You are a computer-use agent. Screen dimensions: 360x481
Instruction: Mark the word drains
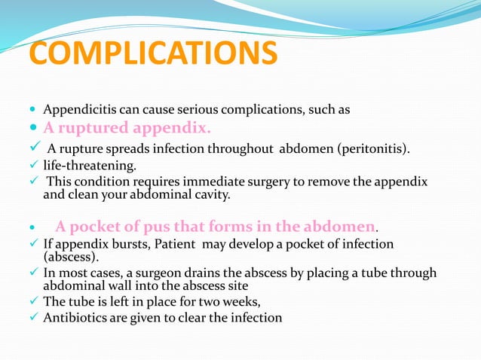(207, 273)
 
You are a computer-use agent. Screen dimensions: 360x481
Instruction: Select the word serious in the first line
(261, 110)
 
